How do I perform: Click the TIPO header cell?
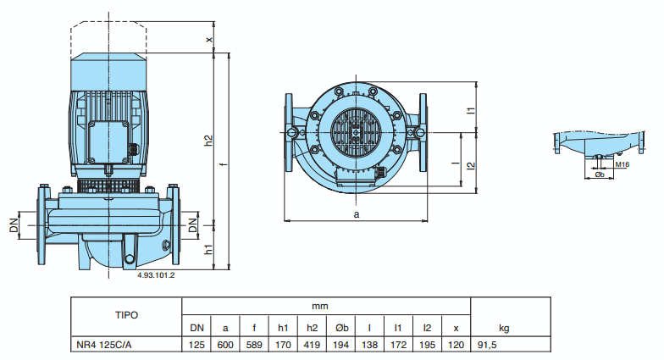126,313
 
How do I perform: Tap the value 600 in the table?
224,343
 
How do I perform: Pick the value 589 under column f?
253,343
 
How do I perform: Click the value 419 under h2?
312,343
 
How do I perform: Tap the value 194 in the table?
341,343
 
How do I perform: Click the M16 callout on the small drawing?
622,164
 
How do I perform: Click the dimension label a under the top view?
357,215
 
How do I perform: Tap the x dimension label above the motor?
209,39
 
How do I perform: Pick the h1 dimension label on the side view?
208,248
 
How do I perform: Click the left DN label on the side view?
14,226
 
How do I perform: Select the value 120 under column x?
456,343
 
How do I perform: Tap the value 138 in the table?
369,343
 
